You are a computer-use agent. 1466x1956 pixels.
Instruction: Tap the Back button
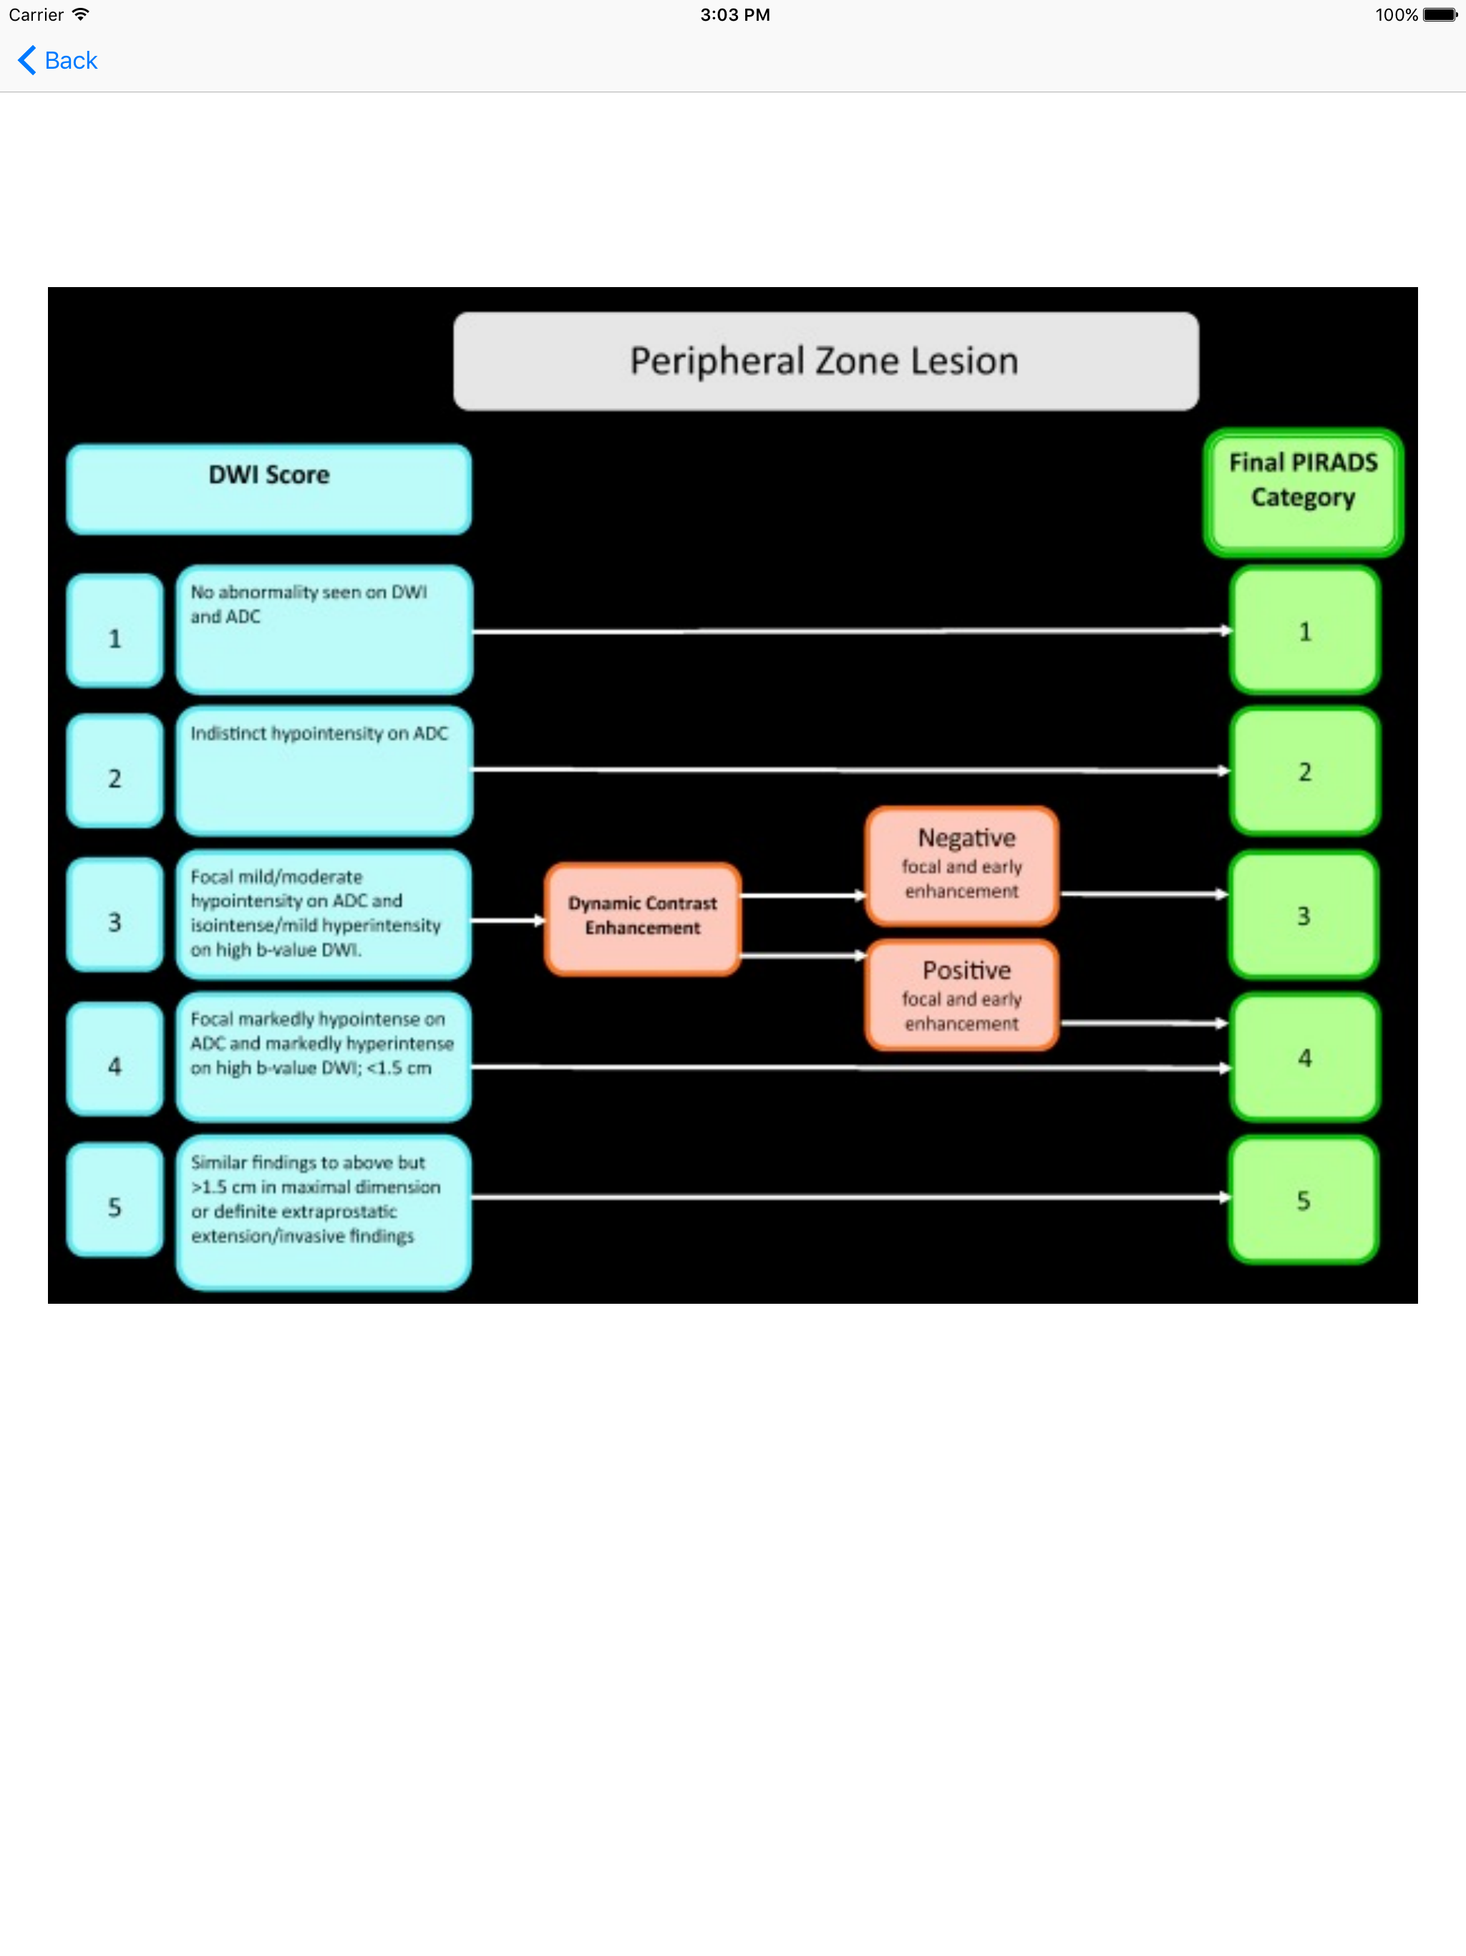tap(59, 60)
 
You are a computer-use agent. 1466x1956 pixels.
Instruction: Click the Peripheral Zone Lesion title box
tap(825, 361)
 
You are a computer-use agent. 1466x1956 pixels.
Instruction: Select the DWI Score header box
tap(269, 488)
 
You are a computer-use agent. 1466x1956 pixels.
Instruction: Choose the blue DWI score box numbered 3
tap(115, 915)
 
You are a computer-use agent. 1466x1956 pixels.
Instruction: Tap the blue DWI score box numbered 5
tap(115, 1200)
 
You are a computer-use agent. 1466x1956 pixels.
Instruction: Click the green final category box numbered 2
tap(1304, 771)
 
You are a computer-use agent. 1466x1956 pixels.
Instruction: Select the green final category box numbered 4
tap(1304, 1057)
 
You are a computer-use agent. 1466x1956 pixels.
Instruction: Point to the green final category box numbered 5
tap(1304, 1200)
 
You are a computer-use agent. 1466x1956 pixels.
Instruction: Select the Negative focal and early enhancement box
tap(962, 866)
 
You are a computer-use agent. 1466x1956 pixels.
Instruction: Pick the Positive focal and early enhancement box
tap(962, 996)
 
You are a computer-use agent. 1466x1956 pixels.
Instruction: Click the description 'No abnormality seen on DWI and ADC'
tap(324, 629)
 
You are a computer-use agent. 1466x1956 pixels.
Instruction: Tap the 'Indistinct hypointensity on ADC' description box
tap(324, 770)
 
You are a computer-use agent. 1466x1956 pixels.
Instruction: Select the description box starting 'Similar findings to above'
tap(324, 1211)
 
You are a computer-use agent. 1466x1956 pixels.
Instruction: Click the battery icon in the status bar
tap(1439, 15)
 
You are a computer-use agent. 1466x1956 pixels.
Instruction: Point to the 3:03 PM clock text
tap(734, 15)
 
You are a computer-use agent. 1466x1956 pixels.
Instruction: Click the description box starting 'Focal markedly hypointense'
tap(324, 1057)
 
